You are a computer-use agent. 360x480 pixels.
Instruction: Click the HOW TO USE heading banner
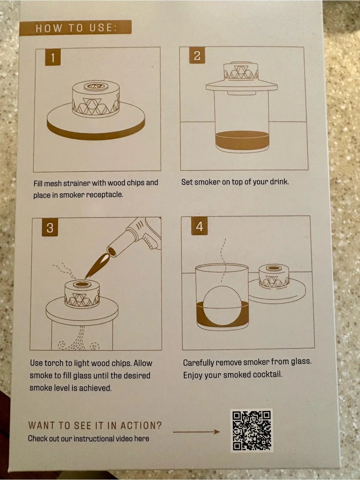(x=75, y=28)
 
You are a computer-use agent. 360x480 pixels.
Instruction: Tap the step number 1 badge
(x=53, y=57)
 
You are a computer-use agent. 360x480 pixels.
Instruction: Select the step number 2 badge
(x=197, y=56)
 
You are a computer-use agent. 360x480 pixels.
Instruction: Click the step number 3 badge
(x=50, y=228)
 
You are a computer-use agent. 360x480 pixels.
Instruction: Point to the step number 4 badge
(x=199, y=226)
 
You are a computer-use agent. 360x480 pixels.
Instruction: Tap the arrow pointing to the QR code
(x=196, y=431)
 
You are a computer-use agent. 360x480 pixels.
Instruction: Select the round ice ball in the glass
(x=222, y=305)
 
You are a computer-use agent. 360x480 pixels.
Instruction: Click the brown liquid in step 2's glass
(x=242, y=140)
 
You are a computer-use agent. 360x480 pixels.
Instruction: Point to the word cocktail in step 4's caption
(x=267, y=374)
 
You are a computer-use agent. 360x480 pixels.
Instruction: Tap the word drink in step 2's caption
(x=279, y=181)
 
